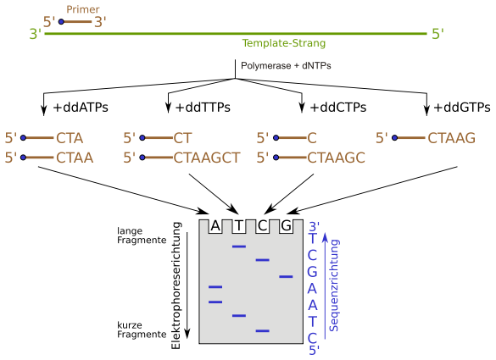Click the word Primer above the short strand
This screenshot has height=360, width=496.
pos(83,9)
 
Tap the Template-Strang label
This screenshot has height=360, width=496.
pos(284,43)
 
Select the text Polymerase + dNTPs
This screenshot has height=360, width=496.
pos(286,65)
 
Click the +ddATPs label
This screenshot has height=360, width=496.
pos(81,108)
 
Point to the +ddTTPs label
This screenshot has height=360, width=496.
pos(203,108)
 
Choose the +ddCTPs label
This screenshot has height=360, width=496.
pos(338,108)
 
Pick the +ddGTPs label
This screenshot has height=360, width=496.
pos(462,108)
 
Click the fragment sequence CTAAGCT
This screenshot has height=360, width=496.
pos(207,158)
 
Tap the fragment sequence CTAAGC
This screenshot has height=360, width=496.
pos(336,158)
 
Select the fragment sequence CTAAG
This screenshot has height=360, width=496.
pos(451,138)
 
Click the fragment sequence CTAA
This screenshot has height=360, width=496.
pos(75,158)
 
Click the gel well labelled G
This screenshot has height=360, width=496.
pos(286,226)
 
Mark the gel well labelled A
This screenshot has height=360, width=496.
pos(215,226)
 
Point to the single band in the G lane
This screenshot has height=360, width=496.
pos(286,276)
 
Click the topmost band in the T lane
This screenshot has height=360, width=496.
pos(239,246)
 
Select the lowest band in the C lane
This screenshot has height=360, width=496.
pos(263,330)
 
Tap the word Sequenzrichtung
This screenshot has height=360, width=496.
pos(334,285)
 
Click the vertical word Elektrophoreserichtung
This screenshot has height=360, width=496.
pos(176,285)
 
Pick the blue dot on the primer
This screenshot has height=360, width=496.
pos(61,21)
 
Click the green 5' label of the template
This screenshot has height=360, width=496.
pos(437,34)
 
